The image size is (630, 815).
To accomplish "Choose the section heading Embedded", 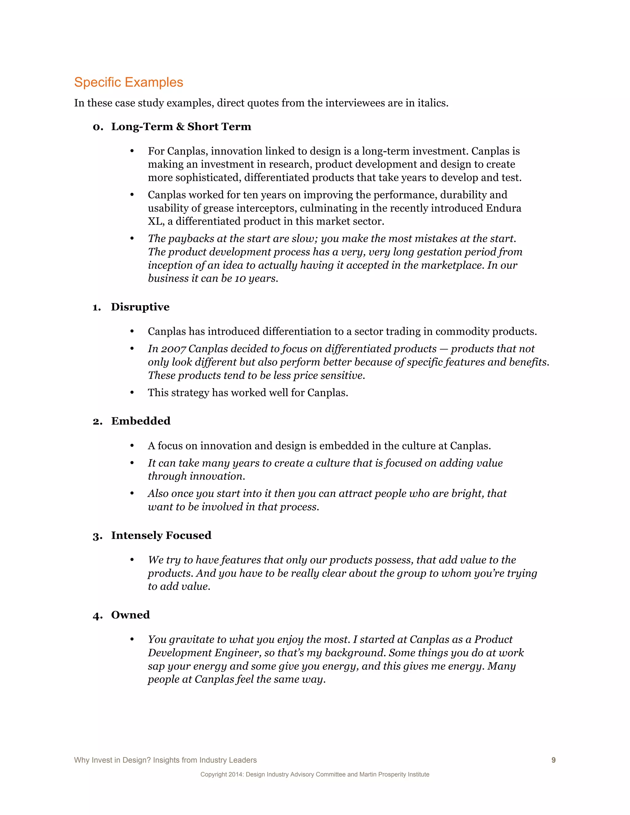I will (141, 421).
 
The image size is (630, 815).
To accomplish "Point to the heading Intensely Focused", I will (161, 535).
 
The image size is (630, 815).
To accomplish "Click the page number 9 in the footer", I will (553, 760).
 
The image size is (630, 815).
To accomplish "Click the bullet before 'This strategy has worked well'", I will (132, 392).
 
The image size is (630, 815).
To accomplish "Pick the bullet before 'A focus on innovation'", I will (132, 446).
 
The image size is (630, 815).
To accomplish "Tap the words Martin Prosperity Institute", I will (394, 774).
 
